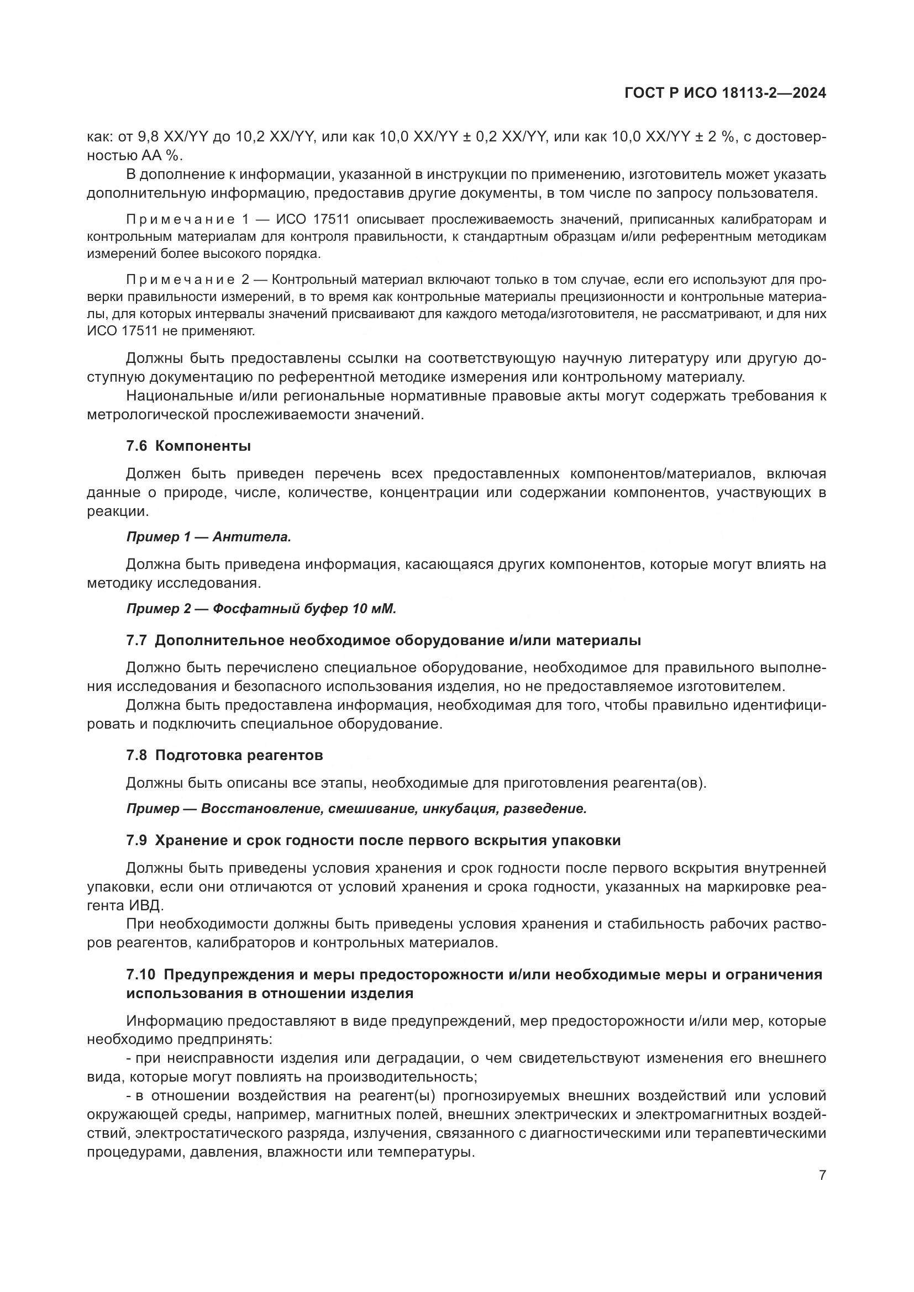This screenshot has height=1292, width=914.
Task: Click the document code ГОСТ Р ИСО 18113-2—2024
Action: [x=725, y=93]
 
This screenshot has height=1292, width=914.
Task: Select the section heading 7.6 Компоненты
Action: [x=188, y=446]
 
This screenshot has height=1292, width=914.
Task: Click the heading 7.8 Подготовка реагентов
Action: [x=224, y=755]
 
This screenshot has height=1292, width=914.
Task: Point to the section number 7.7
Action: [x=136, y=640]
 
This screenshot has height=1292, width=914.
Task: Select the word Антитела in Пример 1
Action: [x=251, y=537]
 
